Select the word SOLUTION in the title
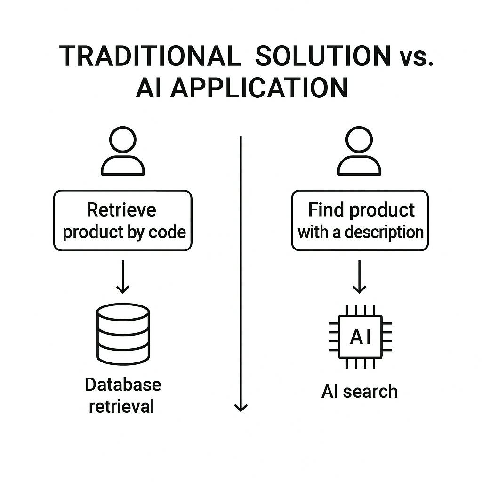click(x=323, y=56)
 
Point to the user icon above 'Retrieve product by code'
click(x=123, y=151)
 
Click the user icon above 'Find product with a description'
click(x=359, y=151)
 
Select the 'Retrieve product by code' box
click(x=123, y=220)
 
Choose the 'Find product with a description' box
click(x=360, y=220)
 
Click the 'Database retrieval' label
click(x=123, y=395)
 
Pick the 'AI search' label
click(x=360, y=391)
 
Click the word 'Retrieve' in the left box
click(x=121, y=209)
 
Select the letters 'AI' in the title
click(x=150, y=88)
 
